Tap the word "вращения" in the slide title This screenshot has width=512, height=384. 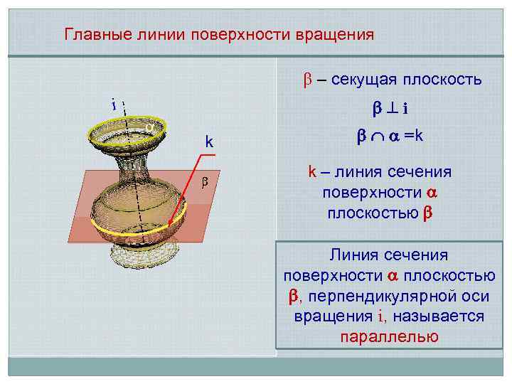coord(338,34)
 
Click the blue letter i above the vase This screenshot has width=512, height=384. coord(114,103)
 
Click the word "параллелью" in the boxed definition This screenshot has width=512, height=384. coord(389,336)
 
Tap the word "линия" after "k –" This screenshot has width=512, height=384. coord(353,172)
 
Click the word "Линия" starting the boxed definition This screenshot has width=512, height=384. coord(350,254)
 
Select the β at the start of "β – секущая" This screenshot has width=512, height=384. coord(299,80)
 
